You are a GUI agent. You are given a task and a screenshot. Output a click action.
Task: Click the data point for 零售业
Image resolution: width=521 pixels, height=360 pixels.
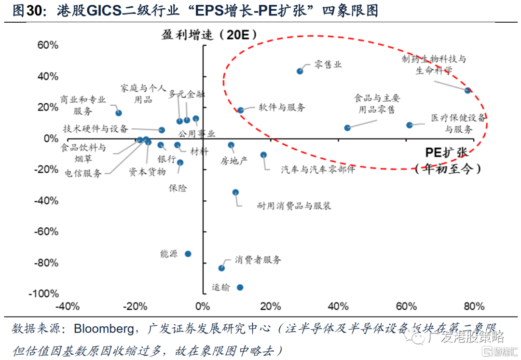pyautogui.click(x=300, y=71)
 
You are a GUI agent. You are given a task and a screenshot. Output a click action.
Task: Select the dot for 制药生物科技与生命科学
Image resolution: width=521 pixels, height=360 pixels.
pyautogui.click(x=467, y=90)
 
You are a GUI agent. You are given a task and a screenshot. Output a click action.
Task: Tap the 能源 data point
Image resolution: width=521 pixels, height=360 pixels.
pyautogui.click(x=188, y=254)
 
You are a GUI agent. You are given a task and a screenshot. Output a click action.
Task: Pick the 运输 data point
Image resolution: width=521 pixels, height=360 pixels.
pyautogui.click(x=240, y=288)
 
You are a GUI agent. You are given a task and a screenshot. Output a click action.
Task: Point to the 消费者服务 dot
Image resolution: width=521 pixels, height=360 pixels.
pyautogui.click(x=221, y=268)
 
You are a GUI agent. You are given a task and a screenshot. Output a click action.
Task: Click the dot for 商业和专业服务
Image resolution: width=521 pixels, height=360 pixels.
pyautogui.click(x=119, y=113)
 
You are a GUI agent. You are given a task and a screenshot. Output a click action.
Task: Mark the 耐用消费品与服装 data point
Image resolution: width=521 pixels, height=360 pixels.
pyautogui.click(x=235, y=192)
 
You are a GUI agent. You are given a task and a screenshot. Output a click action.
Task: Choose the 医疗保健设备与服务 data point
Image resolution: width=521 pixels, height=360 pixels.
pyautogui.click(x=410, y=125)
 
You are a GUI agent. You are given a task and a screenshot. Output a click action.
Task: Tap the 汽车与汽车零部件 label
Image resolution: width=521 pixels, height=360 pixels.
pyautogui.click(x=318, y=169)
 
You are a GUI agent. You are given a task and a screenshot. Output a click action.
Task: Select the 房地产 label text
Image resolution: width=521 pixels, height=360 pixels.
pyautogui.click(x=234, y=161)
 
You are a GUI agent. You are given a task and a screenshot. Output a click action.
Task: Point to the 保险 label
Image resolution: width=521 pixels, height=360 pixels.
pyautogui.click(x=178, y=188)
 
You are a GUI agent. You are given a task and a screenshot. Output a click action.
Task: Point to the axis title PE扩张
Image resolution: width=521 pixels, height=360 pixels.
pyautogui.click(x=446, y=152)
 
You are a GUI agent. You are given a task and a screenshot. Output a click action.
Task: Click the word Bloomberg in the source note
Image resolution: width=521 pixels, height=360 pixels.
pyautogui.click(x=103, y=329)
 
